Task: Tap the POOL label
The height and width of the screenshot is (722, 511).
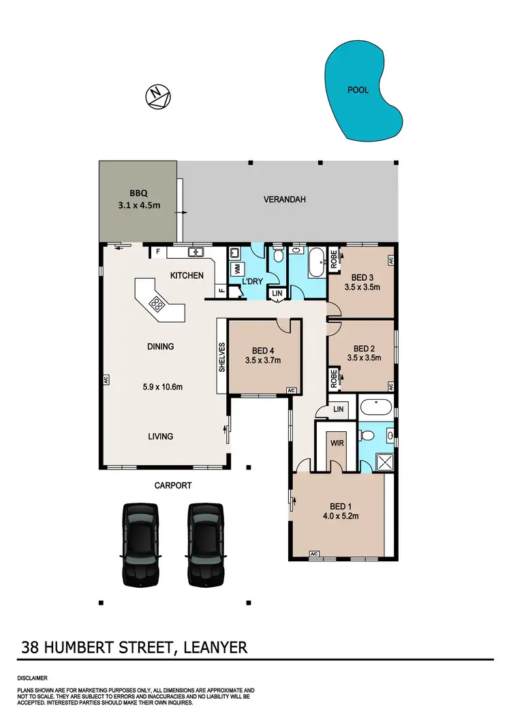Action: click(x=358, y=90)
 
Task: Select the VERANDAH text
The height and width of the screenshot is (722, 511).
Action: click(x=284, y=200)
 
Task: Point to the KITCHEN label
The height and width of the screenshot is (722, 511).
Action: click(x=187, y=275)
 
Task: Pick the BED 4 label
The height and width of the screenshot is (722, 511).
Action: click(x=262, y=351)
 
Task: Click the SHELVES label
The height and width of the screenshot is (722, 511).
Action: click(x=221, y=357)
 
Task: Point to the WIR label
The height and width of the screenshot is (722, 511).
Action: click(x=337, y=443)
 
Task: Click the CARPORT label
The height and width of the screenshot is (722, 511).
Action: click(x=172, y=486)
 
